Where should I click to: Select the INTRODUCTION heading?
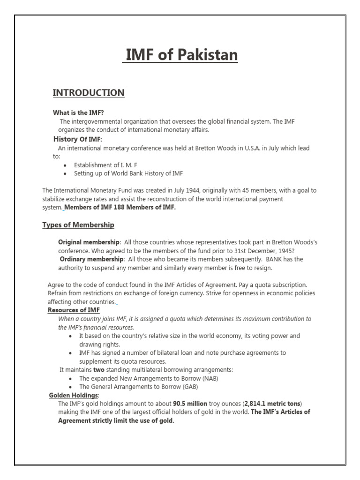89,92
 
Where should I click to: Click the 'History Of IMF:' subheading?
77,139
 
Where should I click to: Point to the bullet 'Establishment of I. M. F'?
105,165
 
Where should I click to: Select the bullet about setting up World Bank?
128,173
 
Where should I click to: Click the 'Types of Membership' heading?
78,225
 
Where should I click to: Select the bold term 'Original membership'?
89,242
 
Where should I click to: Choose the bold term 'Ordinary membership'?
91,259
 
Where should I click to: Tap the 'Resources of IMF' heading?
74,310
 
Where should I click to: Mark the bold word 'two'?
98,370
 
